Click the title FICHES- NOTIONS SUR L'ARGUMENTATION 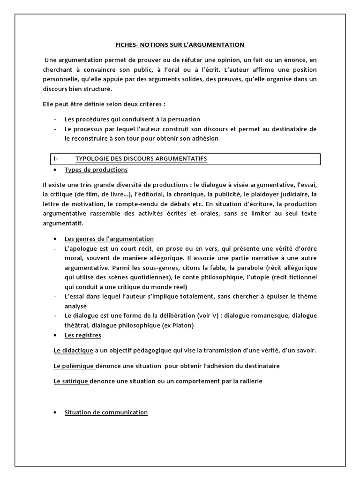coord(180,45)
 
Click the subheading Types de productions coord(96,170)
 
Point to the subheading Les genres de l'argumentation coord(109,239)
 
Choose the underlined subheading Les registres coord(82,335)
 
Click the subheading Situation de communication coord(106,412)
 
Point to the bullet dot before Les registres coord(55,336)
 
